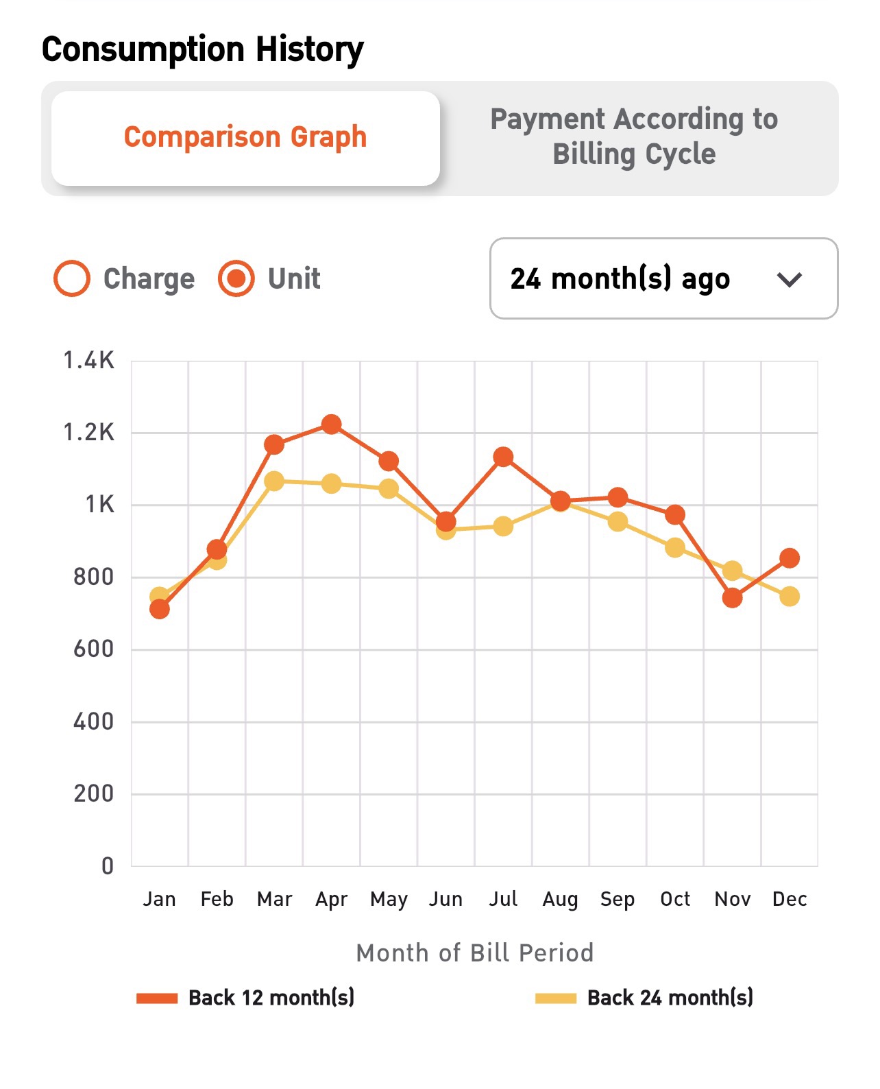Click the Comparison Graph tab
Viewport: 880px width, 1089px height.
[x=245, y=137]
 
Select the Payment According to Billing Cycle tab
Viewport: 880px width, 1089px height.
[x=634, y=137]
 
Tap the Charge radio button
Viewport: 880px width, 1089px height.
[x=72, y=279]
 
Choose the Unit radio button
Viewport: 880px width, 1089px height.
[x=236, y=279]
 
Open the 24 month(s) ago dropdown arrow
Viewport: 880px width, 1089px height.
[x=790, y=279]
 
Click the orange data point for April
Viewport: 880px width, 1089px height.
[x=332, y=424]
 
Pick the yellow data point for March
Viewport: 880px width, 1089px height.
[x=274, y=481]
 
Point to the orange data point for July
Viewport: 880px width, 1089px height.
[x=503, y=457]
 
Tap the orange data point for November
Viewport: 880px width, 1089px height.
[x=732, y=598]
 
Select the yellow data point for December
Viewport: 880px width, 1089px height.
[x=790, y=597]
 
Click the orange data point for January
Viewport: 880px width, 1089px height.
[x=160, y=609]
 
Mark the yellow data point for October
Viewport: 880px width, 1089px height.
[x=675, y=547]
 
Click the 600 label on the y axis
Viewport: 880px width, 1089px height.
[x=94, y=649]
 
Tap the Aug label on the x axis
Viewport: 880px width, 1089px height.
[x=560, y=899]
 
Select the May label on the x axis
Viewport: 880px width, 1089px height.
[x=389, y=899]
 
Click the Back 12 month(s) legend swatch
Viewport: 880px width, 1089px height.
[x=157, y=998]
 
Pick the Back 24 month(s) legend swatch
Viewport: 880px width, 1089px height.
[x=556, y=998]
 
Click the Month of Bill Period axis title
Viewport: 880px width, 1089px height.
[x=474, y=953]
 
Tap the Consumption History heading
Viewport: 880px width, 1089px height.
[x=203, y=50]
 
